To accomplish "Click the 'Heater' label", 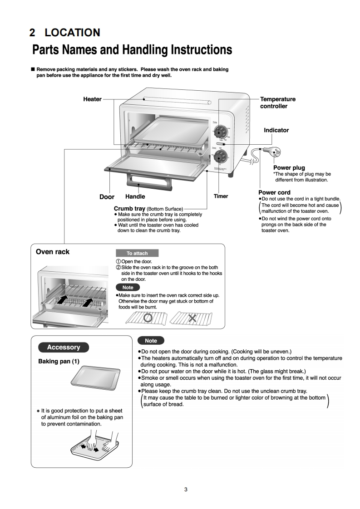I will point(92,99).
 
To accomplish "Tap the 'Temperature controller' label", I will point(277,103).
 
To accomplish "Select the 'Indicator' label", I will point(276,130).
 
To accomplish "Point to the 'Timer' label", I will point(221,196).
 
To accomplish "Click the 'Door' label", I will point(107,197).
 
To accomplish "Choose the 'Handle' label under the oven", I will point(135,196).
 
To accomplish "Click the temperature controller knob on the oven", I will point(220,131).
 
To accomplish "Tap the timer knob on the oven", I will point(220,157).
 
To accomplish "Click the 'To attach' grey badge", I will point(137,253).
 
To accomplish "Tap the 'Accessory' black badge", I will point(64,347).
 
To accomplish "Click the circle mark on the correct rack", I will point(147,318).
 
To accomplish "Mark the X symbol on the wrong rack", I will point(192,318).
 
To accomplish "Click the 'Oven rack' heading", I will point(53,251).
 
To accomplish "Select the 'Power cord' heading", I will point(274,192).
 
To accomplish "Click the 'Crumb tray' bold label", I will point(129,209).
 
